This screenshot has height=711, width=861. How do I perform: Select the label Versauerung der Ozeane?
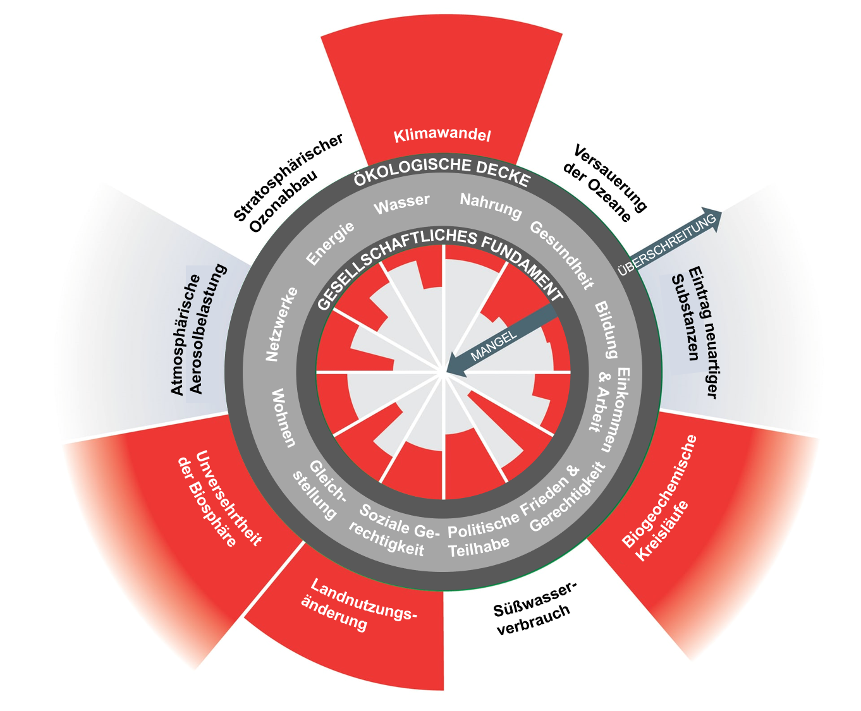(x=609, y=184)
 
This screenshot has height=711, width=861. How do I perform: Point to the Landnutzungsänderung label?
(x=355, y=605)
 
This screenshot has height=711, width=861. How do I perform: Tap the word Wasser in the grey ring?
(x=401, y=204)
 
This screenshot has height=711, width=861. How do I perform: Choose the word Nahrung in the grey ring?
(x=491, y=206)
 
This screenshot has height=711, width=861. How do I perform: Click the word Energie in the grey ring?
(x=330, y=243)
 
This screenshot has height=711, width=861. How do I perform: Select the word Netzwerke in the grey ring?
(x=281, y=324)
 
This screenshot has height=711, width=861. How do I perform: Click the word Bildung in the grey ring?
(x=606, y=329)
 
